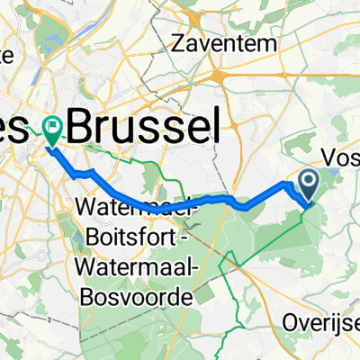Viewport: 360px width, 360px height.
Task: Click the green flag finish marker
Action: pyautogui.click(x=52, y=132)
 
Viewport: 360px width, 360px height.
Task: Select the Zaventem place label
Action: pyautogui.click(x=220, y=41)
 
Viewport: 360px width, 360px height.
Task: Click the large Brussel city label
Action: pyautogui.click(x=144, y=125)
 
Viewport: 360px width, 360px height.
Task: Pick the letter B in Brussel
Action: pyautogui.click(x=83, y=125)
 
